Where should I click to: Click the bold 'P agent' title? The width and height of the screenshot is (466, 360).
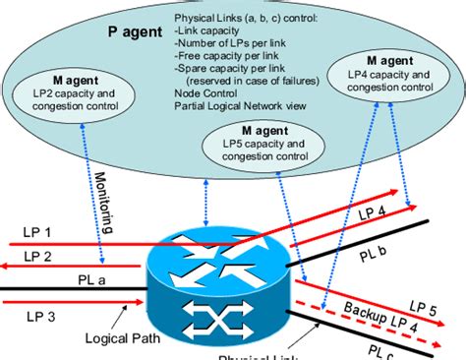click(x=129, y=31)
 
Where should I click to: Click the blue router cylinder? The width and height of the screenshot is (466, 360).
click(x=214, y=281)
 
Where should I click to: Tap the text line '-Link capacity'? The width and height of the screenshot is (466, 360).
click(x=209, y=31)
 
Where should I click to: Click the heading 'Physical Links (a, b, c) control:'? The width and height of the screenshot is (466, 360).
click(x=254, y=19)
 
